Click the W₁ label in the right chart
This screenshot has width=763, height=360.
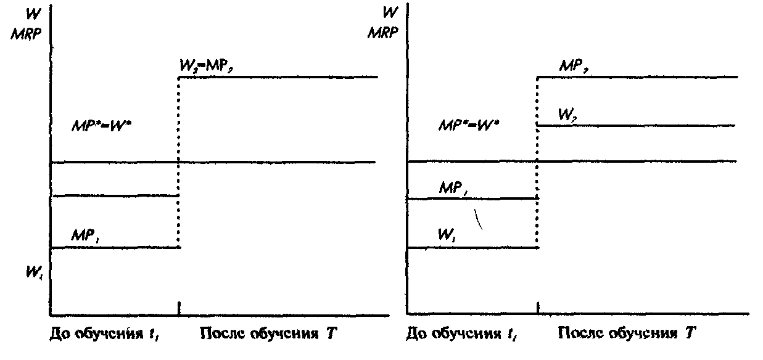coord(447,235)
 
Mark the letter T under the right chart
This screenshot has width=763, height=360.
coord(690,334)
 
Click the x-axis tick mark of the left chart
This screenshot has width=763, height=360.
coord(178,307)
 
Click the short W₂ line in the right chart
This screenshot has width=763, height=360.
coord(635,126)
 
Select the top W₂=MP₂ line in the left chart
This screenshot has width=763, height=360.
coord(278,77)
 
